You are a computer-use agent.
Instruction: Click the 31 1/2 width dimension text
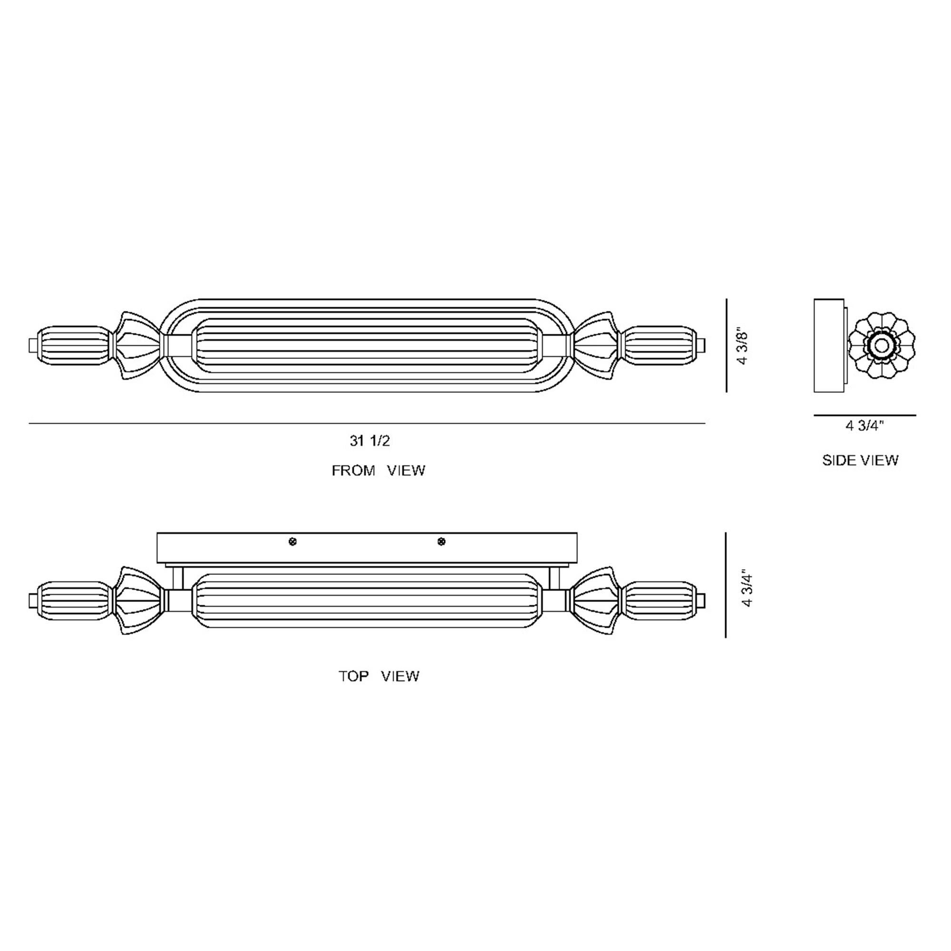369,441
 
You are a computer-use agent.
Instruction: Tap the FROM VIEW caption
378,471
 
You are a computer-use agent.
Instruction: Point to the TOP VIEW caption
378,676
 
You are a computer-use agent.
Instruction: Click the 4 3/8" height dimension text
743,347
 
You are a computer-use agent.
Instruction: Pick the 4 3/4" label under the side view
865,426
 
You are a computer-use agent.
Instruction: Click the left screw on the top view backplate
292,542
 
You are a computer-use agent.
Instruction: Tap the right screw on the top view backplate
442,542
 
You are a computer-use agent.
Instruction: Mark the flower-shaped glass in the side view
882,345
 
